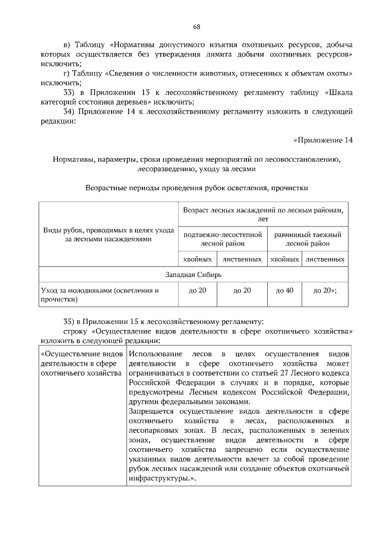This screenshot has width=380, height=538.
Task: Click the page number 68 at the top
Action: point(197,27)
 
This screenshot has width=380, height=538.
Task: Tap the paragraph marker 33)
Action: point(71,92)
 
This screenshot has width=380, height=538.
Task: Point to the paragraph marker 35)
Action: point(71,321)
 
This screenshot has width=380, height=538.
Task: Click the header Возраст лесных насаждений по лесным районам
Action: point(262,215)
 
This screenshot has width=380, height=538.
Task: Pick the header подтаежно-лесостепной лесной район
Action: point(223,239)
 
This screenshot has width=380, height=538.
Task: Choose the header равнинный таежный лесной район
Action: point(307,239)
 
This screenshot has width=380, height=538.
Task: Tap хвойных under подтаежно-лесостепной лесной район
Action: point(198,259)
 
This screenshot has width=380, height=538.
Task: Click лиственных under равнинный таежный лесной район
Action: point(325,259)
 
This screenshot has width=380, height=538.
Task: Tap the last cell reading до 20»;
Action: point(325,290)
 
